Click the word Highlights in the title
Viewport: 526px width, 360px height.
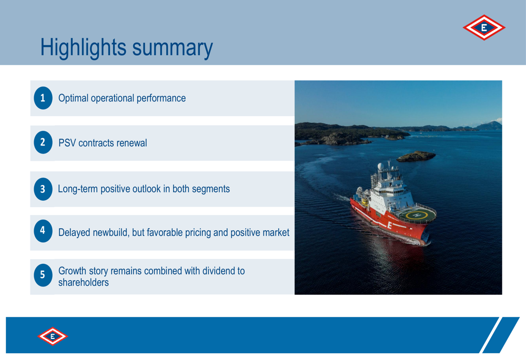83,48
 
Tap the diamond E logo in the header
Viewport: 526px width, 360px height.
484,27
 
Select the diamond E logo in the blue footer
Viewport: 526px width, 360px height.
53,336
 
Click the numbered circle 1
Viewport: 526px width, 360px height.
43,98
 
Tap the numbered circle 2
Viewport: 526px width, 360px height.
43,142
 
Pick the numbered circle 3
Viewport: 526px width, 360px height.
43,189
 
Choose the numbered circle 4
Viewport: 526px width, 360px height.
43,231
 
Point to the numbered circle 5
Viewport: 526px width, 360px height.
43,275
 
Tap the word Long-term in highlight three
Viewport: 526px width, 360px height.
78,189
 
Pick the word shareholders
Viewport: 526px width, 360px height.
84,283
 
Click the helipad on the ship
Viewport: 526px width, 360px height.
416,215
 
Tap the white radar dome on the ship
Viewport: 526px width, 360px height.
380,166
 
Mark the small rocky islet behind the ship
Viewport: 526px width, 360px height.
416,156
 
